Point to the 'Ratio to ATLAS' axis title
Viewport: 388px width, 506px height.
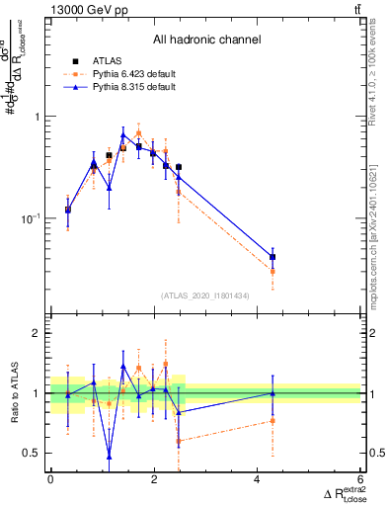tap(17, 392)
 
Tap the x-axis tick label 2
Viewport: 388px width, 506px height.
tap(154, 480)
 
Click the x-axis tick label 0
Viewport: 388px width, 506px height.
tap(50, 480)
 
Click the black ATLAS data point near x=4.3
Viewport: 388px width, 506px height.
tap(272, 257)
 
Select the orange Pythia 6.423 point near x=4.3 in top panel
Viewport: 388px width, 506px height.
tap(272, 271)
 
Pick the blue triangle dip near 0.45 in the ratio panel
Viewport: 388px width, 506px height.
tap(109, 457)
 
